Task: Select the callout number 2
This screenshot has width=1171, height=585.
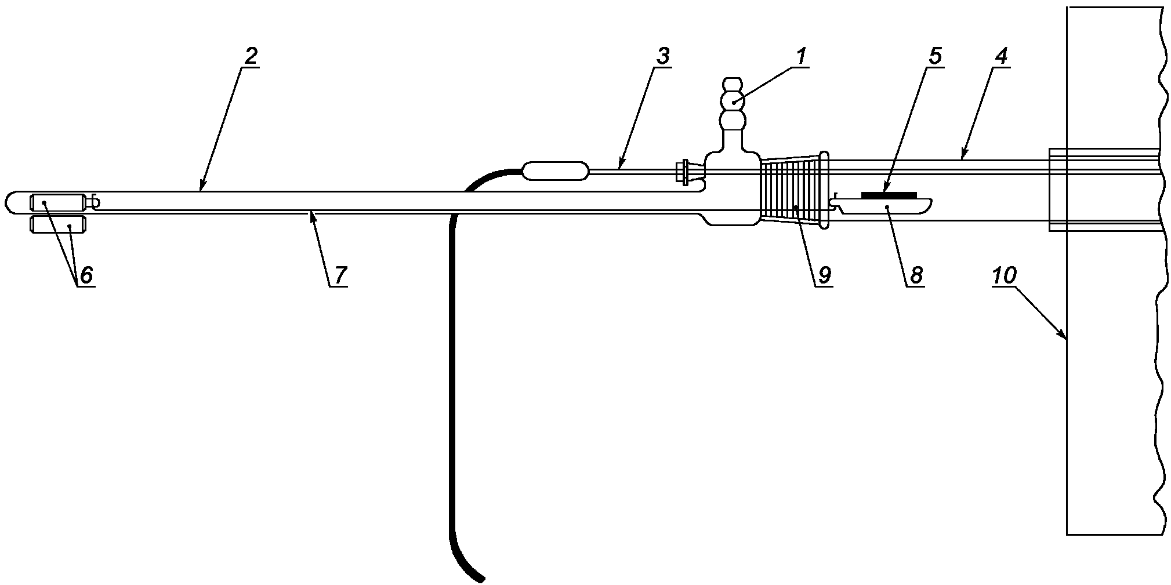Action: point(251,56)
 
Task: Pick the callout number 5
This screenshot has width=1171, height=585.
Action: point(935,56)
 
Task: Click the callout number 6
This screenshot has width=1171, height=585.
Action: point(86,275)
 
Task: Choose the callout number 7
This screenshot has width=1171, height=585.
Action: point(339,275)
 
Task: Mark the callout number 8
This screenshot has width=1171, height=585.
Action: point(915,275)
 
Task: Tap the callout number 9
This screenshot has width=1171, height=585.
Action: point(824,275)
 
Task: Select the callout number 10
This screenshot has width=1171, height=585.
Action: point(1004,275)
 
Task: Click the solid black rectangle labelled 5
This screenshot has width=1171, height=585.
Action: point(889,195)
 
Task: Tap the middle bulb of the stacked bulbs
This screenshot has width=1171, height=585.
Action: point(733,102)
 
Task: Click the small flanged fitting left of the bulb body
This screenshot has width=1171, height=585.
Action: point(684,171)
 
